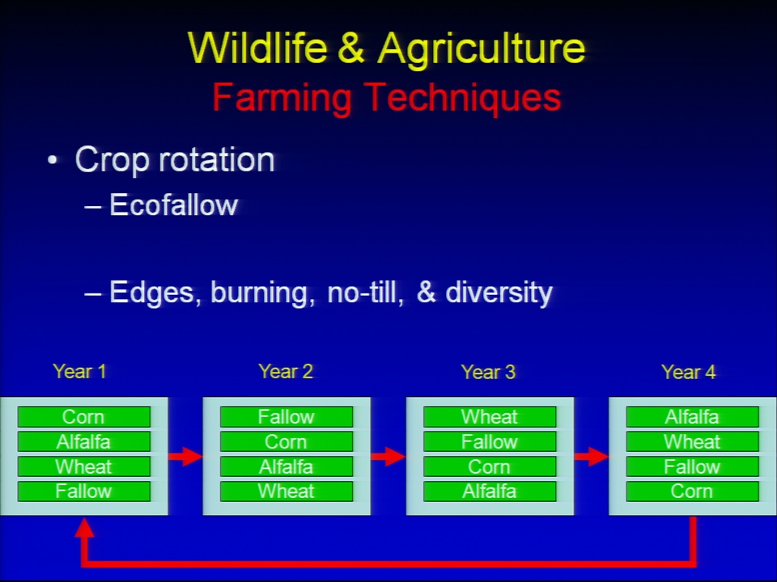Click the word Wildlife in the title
[x=257, y=48]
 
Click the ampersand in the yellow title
[x=351, y=48]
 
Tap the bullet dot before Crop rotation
[x=53, y=160]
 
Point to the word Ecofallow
[x=173, y=205]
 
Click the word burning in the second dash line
[x=262, y=292]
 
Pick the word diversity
[x=499, y=292]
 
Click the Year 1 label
[x=79, y=371]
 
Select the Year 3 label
[x=488, y=372]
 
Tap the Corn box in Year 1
[x=83, y=417]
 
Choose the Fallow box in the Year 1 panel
[x=83, y=491]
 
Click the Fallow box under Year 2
[x=287, y=417]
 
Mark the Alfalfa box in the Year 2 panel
[x=287, y=466]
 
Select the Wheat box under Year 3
[x=490, y=417]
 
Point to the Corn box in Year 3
[x=490, y=466]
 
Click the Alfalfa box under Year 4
[x=692, y=417]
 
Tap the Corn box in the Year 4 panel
[x=692, y=491]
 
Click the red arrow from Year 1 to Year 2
[x=185, y=456]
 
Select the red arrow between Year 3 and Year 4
[x=591, y=456]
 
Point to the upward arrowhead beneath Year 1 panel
[x=84, y=527]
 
